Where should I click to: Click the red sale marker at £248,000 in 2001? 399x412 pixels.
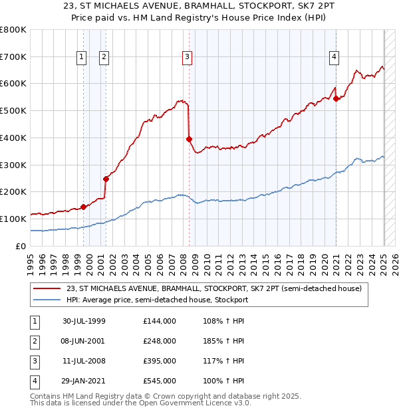pos(106,178)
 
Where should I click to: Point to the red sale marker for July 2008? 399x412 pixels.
pos(189,139)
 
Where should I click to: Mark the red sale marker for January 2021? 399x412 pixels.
pos(336,98)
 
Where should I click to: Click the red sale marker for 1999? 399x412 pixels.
pos(84,207)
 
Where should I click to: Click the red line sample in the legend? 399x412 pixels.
pos(47,288)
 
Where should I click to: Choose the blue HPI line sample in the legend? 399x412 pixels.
pos(47,300)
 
